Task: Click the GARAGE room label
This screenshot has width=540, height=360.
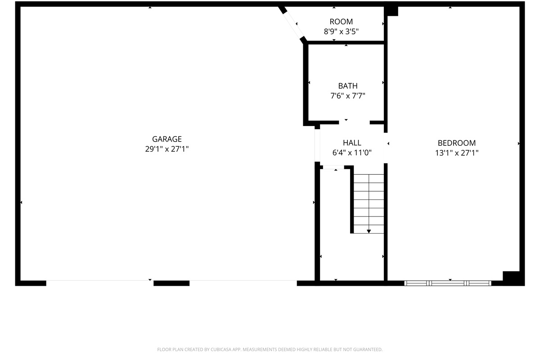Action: tap(167, 139)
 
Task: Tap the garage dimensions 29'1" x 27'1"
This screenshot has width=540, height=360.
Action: tap(167, 149)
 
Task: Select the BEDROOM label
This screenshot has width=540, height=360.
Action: tap(457, 143)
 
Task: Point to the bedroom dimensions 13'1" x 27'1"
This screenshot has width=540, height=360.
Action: tap(457, 153)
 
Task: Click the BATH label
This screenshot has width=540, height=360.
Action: tap(347, 86)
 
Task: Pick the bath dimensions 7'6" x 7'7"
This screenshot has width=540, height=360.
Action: tap(347, 96)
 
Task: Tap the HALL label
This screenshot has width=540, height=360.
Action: tap(352, 143)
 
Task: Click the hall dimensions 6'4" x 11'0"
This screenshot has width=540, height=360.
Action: tap(352, 153)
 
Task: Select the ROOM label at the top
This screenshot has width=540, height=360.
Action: tap(341, 22)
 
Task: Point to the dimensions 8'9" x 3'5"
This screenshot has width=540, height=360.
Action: tap(341, 31)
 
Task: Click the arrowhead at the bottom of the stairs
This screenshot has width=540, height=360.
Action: tap(369, 231)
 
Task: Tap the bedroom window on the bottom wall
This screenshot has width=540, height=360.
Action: tap(448, 283)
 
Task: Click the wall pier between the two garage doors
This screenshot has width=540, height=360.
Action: tap(171, 283)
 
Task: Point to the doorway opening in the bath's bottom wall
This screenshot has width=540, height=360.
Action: tap(355, 122)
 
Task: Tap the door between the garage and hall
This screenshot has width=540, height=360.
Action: tap(317, 145)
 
